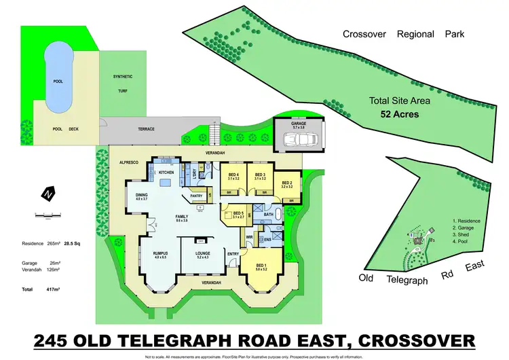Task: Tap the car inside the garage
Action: coord(299,140)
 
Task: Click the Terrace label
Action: coord(146,129)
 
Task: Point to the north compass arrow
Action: coord(47,193)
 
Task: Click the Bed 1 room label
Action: coord(262,265)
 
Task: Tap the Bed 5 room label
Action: coord(238,213)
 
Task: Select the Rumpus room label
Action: coord(160,253)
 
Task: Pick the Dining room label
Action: coord(142,195)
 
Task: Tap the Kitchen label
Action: coord(166,173)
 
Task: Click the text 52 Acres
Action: coord(399,114)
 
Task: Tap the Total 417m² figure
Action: coord(50,289)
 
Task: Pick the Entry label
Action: coord(233,254)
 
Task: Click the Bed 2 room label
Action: coord(286,182)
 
